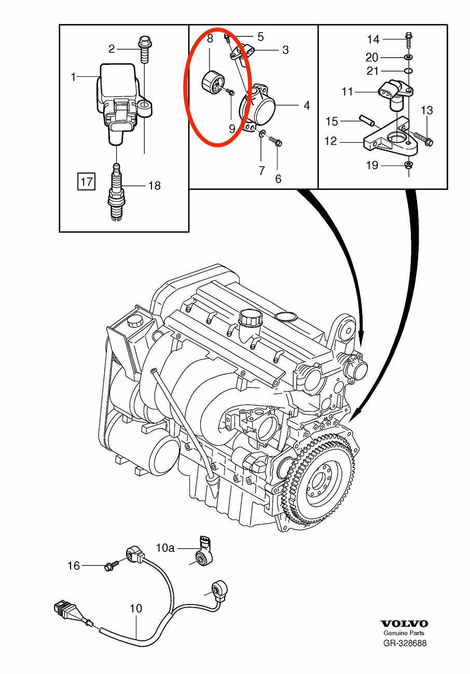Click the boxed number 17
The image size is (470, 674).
[x=86, y=182]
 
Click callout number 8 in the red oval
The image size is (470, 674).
[x=210, y=38]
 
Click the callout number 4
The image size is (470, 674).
[x=307, y=105]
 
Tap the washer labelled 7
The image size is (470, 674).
[x=261, y=135]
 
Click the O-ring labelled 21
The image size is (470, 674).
[x=408, y=71]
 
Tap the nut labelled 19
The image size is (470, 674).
[x=408, y=166]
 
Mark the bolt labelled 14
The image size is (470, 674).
[x=408, y=37]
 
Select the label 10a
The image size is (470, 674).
[x=166, y=547]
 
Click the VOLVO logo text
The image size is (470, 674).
[x=404, y=624]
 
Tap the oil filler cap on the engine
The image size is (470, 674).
[x=251, y=319]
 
